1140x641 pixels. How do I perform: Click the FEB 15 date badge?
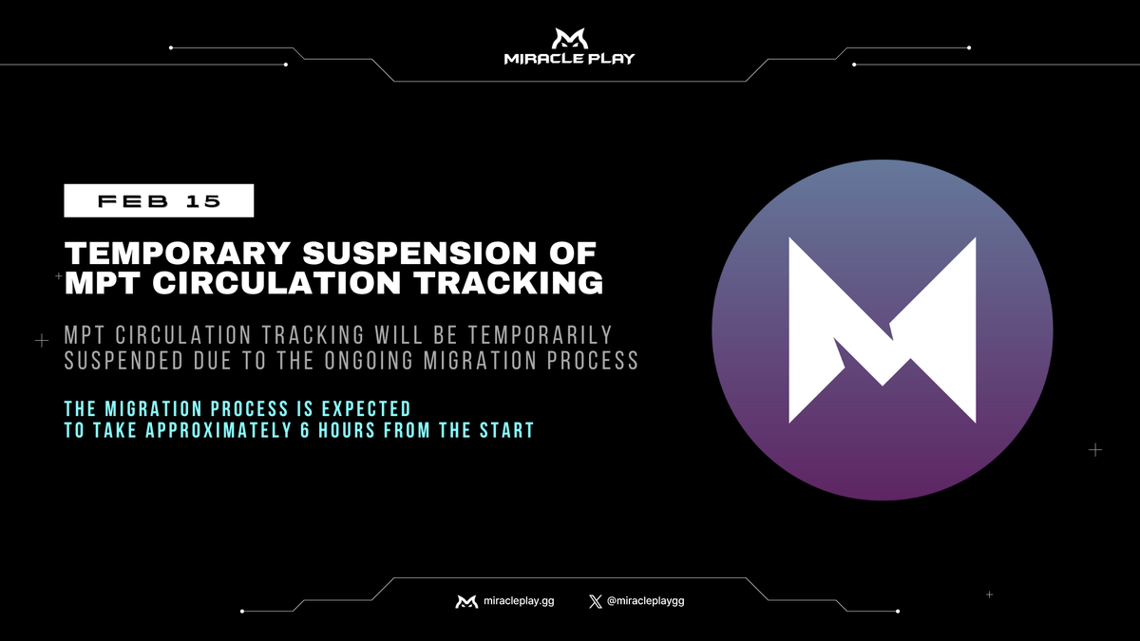(159, 200)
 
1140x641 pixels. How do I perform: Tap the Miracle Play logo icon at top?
(569, 39)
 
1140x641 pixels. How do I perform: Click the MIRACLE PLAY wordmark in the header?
(569, 59)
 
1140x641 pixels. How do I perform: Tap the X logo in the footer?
(596, 601)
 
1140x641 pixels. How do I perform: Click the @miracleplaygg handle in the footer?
(645, 601)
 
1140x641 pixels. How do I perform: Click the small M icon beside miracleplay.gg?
(466, 601)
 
